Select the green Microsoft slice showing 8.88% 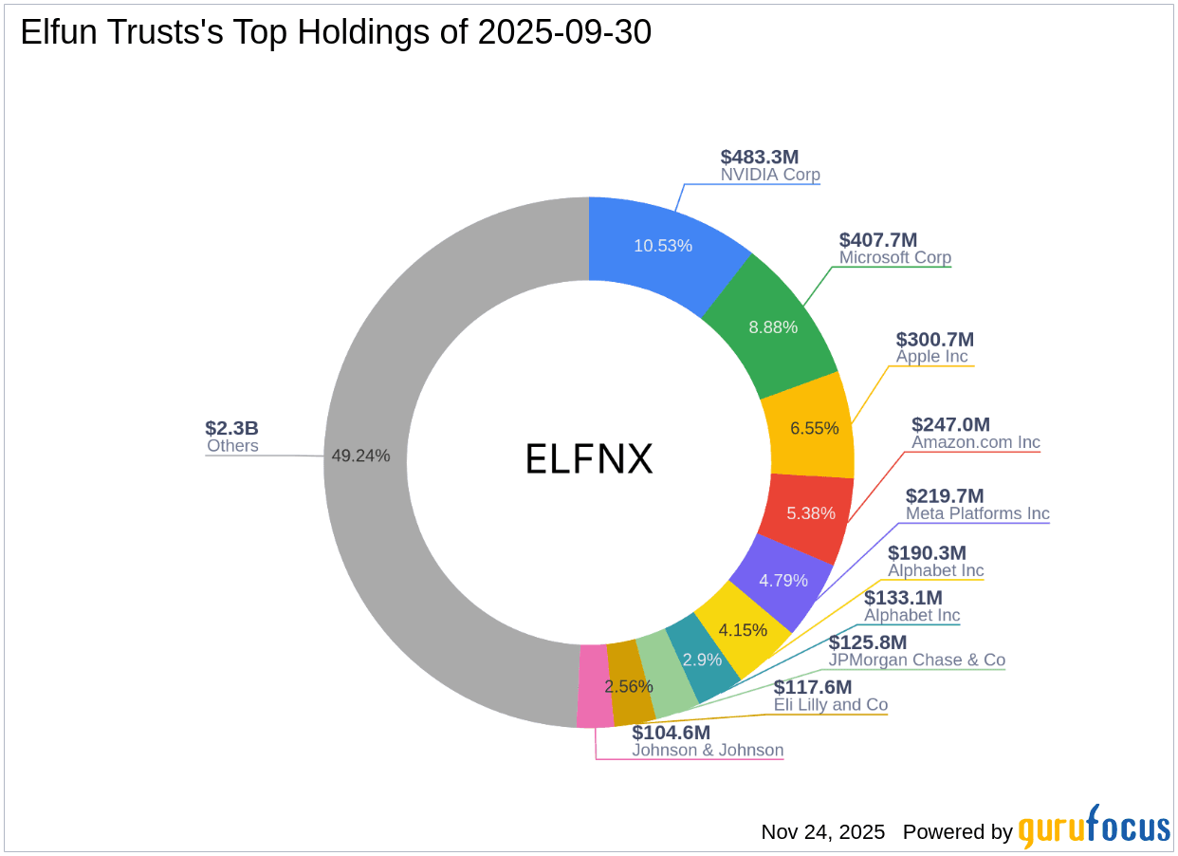[773, 326]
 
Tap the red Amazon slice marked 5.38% [811, 513]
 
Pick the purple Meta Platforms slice [782, 580]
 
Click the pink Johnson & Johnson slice [594, 688]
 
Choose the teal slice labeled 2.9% [703, 658]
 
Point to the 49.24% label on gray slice [360, 456]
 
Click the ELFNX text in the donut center [589, 460]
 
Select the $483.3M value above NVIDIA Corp [760, 157]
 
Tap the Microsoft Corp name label [894, 257]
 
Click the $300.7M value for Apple [934, 339]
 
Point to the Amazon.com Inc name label [975, 442]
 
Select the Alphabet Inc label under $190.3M [935, 570]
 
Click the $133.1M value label [903, 598]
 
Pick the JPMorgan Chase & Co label [916, 660]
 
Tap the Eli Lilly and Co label [830, 705]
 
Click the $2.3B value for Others [231, 428]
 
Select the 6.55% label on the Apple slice [814, 428]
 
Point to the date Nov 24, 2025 [822, 832]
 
